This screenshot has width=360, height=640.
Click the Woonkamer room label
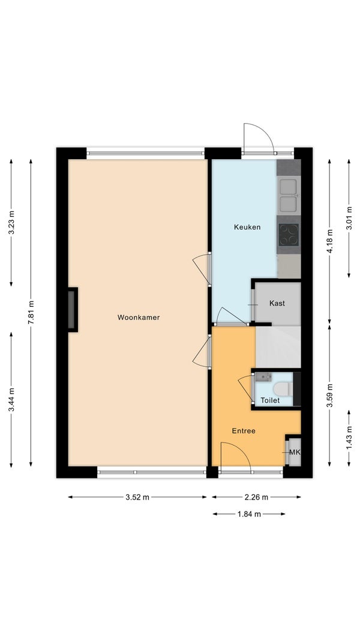pyautogui.click(x=138, y=317)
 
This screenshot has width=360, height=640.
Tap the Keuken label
pyautogui.click(x=247, y=227)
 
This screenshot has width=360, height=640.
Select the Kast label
pyautogui.click(x=277, y=303)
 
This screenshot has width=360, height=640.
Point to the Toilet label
pyautogui.click(x=271, y=400)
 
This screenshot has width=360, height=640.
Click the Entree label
pyautogui.click(x=244, y=430)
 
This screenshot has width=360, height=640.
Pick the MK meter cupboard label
pyautogui.click(x=295, y=452)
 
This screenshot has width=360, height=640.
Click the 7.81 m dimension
pyautogui.click(x=31, y=312)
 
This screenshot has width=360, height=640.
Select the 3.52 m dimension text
pyautogui.click(x=138, y=497)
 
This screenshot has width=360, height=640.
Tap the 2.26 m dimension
pyautogui.click(x=256, y=497)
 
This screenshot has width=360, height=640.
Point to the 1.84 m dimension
pyautogui.click(x=249, y=515)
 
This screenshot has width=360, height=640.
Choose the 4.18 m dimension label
pyautogui.click(x=330, y=241)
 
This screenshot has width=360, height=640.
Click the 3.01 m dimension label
pyautogui.click(x=349, y=219)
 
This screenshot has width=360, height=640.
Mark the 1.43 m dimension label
pyautogui.click(x=349, y=438)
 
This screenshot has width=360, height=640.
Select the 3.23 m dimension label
pyautogui.click(x=11, y=223)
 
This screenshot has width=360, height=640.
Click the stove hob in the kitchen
pyautogui.click(x=289, y=235)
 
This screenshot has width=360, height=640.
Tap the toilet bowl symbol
pyautogui.click(x=283, y=388)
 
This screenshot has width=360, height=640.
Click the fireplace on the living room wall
pyautogui.click(x=73, y=310)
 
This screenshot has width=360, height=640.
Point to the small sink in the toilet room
pyautogui.click(x=263, y=376)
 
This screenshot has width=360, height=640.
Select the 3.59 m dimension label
pyautogui.click(x=330, y=395)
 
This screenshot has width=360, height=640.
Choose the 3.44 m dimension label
pyautogui.click(x=11, y=400)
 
